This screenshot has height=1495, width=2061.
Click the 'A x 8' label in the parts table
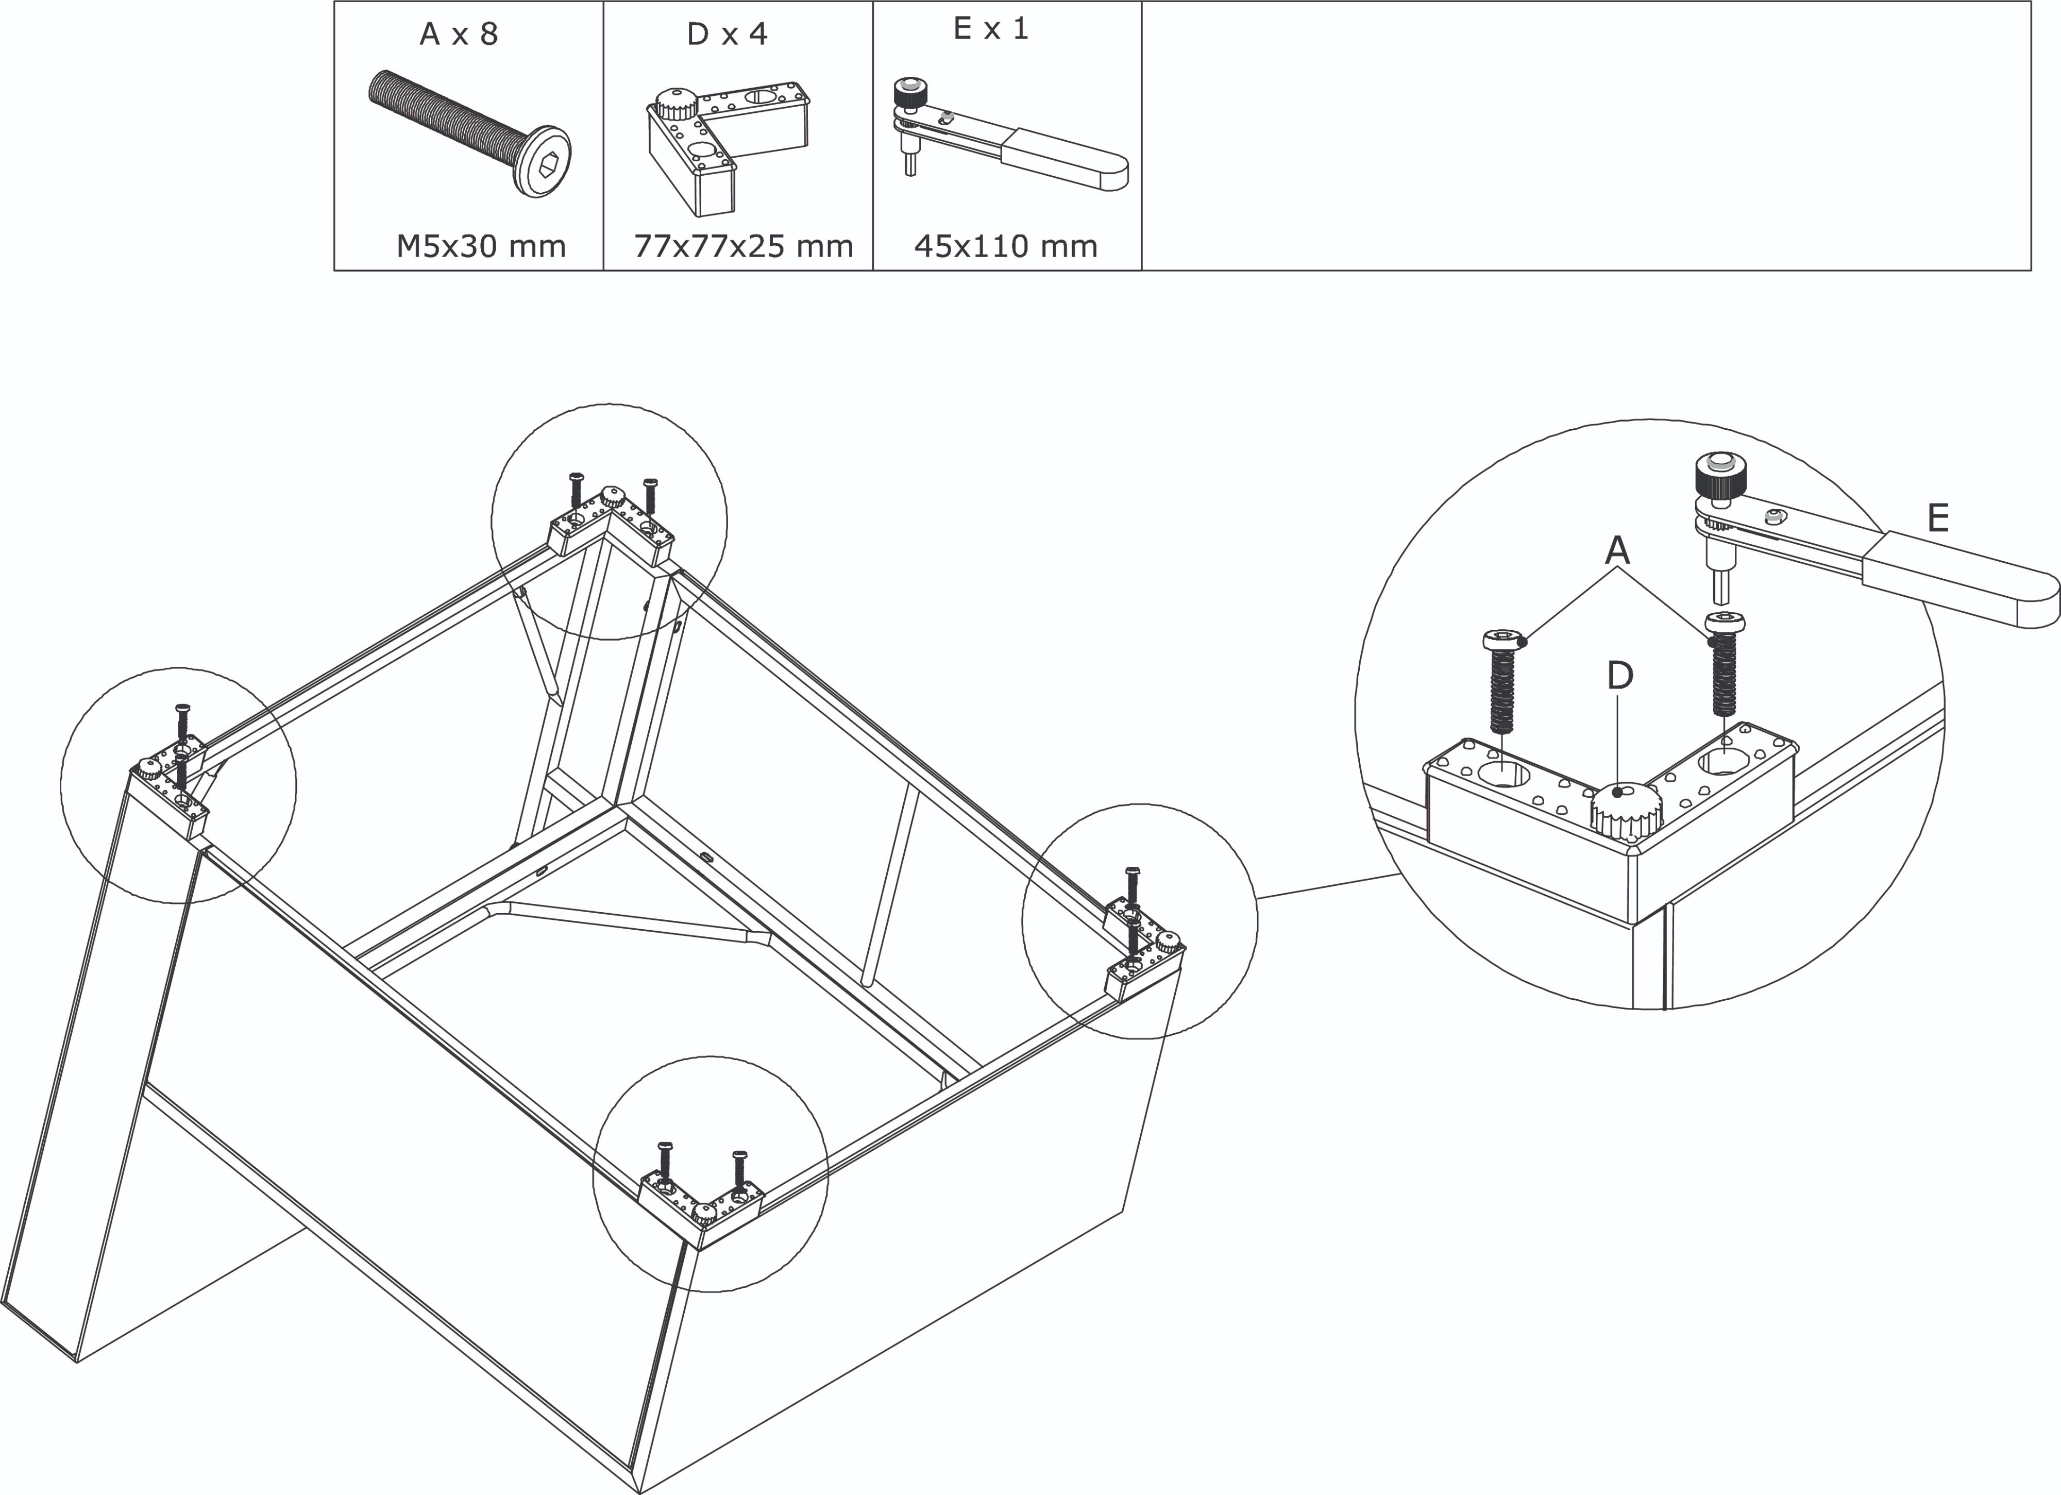(x=459, y=35)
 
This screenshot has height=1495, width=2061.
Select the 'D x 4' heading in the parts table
(x=727, y=35)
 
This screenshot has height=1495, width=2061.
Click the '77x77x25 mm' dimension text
(x=744, y=246)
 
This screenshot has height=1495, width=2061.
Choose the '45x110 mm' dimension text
(x=1005, y=246)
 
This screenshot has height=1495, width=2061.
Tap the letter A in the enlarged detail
(x=1617, y=550)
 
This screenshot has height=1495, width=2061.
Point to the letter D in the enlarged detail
(x=1620, y=675)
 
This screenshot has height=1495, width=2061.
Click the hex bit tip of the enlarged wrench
(x=1723, y=589)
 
